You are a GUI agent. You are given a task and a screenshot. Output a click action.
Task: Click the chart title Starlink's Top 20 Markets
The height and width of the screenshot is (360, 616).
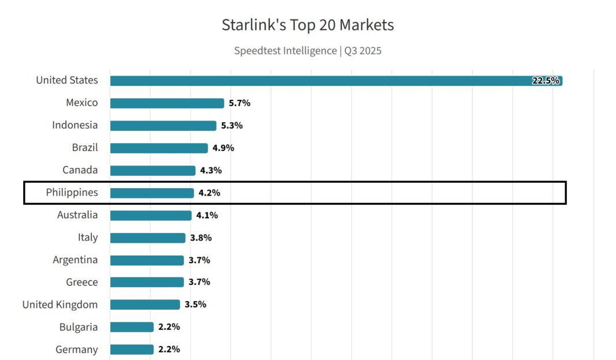coord(307,25)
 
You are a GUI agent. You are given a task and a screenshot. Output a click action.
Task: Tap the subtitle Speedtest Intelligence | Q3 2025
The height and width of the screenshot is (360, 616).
coord(307,51)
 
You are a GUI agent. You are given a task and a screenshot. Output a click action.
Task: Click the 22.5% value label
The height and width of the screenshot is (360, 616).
coord(545,81)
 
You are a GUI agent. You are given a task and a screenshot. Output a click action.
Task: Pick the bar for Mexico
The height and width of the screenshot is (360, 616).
coord(167,103)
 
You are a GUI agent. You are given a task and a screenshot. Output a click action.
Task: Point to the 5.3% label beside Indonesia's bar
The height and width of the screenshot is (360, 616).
coord(232,126)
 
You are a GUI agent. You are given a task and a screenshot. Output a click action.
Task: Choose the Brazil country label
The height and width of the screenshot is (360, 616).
coord(85,148)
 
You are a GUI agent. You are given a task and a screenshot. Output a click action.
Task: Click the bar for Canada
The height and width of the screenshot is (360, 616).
coord(153,171)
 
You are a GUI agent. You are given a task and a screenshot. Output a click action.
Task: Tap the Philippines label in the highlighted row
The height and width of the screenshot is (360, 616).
coord(72,193)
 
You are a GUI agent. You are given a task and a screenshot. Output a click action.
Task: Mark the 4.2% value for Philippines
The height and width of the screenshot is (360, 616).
coord(209,193)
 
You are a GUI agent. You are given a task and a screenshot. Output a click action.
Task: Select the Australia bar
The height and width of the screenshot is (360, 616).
coord(151,216)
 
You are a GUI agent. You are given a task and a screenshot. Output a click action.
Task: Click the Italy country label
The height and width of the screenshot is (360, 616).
coord(88,238)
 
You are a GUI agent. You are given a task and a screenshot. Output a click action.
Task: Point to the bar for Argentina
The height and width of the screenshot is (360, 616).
coord(147,261)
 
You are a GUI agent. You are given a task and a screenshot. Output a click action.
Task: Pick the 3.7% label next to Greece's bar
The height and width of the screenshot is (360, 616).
coord(200,282)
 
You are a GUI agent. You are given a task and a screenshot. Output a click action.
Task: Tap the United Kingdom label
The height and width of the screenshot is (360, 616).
coord(60,305)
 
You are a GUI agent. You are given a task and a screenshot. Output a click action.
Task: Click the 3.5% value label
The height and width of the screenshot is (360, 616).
coord(196,305)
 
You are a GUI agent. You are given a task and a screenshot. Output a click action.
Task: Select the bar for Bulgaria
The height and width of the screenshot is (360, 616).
coord(132,327)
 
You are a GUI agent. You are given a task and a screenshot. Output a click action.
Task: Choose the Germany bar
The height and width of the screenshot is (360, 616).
coord(132,350)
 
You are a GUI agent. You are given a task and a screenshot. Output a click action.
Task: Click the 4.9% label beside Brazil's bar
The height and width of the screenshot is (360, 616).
coord(223,148)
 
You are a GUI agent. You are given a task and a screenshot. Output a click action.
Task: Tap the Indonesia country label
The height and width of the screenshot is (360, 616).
coord(75,125)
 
